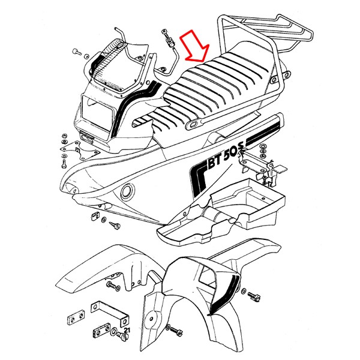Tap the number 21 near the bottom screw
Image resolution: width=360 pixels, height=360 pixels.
click(x=127, y=331)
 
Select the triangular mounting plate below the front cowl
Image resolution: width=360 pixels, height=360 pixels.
click(x=80, y=149)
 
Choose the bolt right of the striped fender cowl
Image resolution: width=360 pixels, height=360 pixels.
click(x=254, y=296)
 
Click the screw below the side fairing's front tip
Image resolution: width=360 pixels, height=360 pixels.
click(x=115, y=225)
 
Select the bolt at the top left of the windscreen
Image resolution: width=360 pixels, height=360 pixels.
click(x=77, y=52)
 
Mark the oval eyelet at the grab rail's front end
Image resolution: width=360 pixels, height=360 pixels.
click(x=193, y=124)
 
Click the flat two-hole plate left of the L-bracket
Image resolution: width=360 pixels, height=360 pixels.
click(x=76, y=317)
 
